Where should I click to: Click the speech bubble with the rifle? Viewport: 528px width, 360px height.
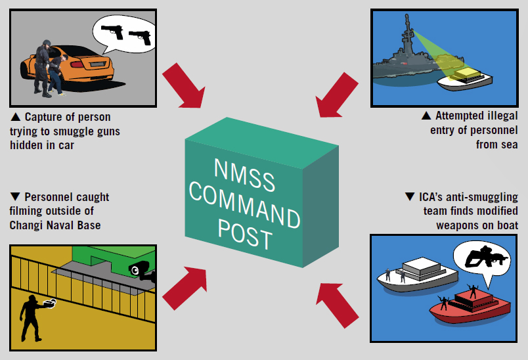tap(483, 259)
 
